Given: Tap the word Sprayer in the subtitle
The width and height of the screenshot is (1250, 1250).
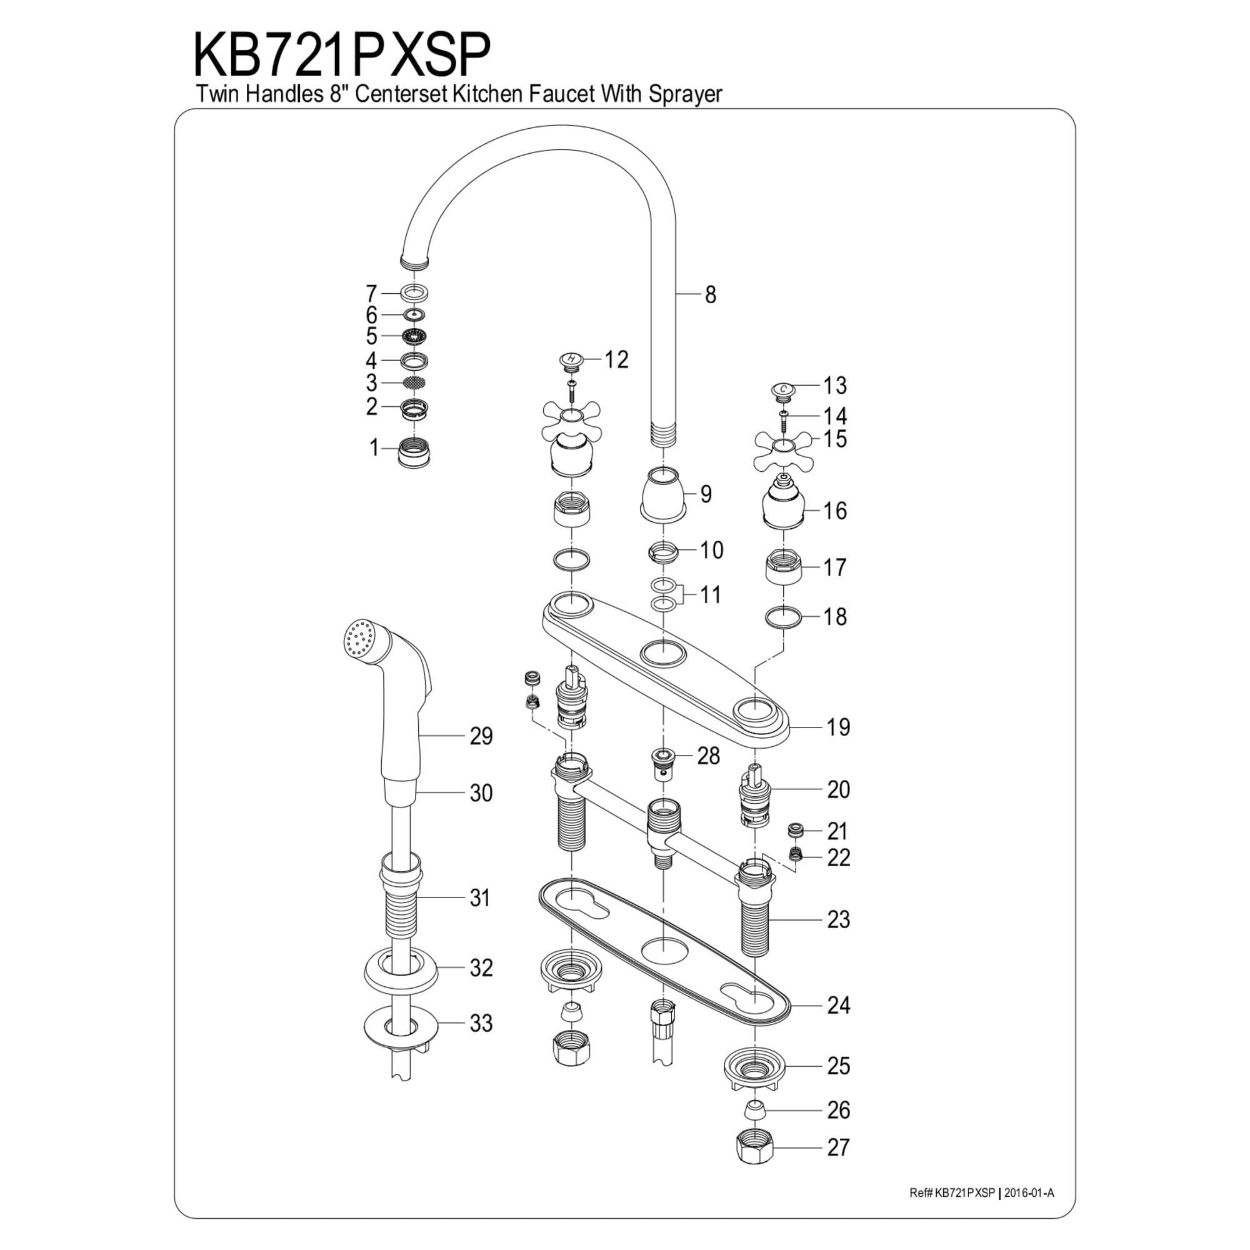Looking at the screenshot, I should point(685,94).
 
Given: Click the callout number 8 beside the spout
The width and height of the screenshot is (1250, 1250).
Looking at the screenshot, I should point(711,295).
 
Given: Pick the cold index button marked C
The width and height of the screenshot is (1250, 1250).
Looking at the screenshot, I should point(784,390).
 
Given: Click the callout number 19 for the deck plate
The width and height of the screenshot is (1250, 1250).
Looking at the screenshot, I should point(839,727).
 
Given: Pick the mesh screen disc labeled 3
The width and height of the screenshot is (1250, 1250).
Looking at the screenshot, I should point(415,383).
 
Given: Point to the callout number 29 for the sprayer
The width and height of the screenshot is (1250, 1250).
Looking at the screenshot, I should point(481,736).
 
